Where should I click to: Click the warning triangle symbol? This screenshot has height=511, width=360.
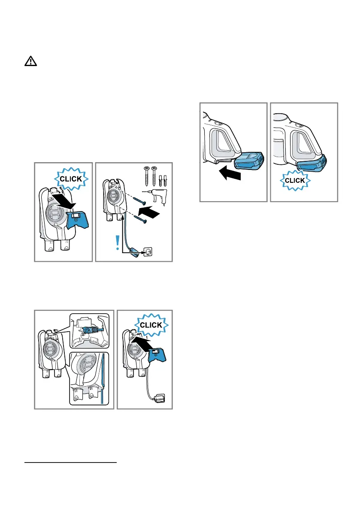coord(30,62)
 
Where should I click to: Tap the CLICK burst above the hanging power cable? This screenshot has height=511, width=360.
coord(150,325)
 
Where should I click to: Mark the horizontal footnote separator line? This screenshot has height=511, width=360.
coord(71,463)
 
